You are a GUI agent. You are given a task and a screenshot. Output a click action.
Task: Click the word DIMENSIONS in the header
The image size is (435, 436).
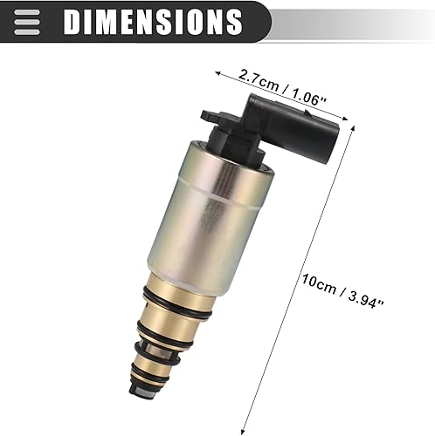[x=152, y=20]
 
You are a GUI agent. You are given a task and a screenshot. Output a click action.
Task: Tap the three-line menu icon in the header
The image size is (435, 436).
[x=27, y=20]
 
